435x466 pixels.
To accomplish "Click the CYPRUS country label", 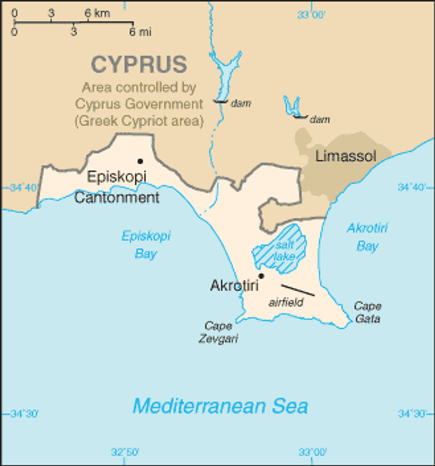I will tap(139, 65).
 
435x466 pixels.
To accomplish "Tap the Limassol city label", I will tap(345, 156).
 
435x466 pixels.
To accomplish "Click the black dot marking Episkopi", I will tap(140, 161).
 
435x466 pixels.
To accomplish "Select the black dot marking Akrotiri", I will tap(261, 276).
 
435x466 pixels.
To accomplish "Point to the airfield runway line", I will tap(298, 290).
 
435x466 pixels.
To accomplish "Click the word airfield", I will tap(286, 303).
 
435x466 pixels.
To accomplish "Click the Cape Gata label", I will tap(368, 312).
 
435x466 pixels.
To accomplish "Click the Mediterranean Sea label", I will tap(220, 406).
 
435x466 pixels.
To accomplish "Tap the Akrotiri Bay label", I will tap(367, 237).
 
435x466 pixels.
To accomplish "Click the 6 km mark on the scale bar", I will tap(88, 20).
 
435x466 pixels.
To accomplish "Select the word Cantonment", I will tap(116, 197).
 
